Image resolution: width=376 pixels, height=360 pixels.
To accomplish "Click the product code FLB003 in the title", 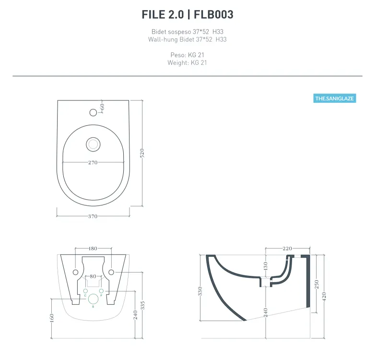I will (214, 15).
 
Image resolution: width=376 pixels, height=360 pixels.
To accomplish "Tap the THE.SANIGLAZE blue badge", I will (335, 98).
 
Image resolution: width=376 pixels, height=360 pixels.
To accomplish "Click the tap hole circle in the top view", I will (94, 112).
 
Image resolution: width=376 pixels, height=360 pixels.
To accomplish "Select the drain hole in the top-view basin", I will (93, 143).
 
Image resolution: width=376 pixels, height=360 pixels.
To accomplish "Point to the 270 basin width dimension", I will (93, 163).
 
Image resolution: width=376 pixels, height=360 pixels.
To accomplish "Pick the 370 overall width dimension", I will (93, 216).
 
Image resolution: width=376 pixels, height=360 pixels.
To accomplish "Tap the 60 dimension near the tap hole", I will (102, 106).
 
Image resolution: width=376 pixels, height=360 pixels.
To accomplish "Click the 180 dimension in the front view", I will (93, 249).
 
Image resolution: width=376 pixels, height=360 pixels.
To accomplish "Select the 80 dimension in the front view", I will (93, 276).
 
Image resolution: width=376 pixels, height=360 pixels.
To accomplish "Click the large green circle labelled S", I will (94, 300).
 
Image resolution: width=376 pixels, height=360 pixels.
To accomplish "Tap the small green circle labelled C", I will (85, 291).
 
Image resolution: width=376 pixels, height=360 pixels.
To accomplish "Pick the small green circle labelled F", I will (101, 291).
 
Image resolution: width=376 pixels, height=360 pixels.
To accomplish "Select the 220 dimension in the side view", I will (287, 249).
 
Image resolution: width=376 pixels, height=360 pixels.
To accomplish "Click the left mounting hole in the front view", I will (75, 272).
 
